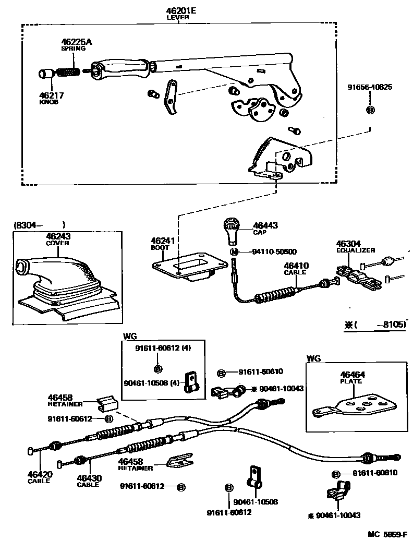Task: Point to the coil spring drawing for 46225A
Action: (x=68, y=72)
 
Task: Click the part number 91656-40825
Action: (x=370, y=87)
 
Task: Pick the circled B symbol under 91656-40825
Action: (x=370, y=110)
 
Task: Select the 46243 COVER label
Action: (x=58, y=239)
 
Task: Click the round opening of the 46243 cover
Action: (x=21, y=268)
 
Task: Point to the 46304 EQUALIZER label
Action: (x=355, y=246)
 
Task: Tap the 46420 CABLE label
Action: (x=39, y=477)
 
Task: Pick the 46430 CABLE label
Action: (x=89, y=481)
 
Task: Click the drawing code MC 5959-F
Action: (x=386, y=535)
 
